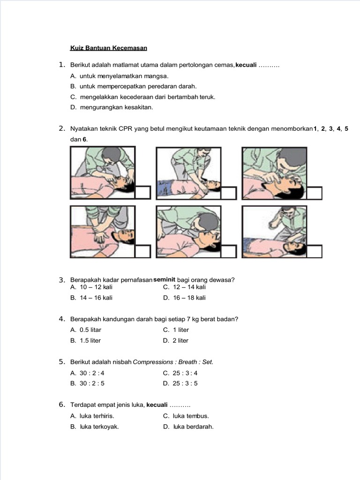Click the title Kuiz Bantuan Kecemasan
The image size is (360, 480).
click(x=109, y=48)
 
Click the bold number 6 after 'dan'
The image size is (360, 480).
click(x=85, y=139)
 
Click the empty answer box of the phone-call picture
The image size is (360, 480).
click(x=315, y=251)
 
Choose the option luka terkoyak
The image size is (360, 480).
click(x=99, y=427)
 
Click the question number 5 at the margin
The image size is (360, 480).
click(x=61, y=362)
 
